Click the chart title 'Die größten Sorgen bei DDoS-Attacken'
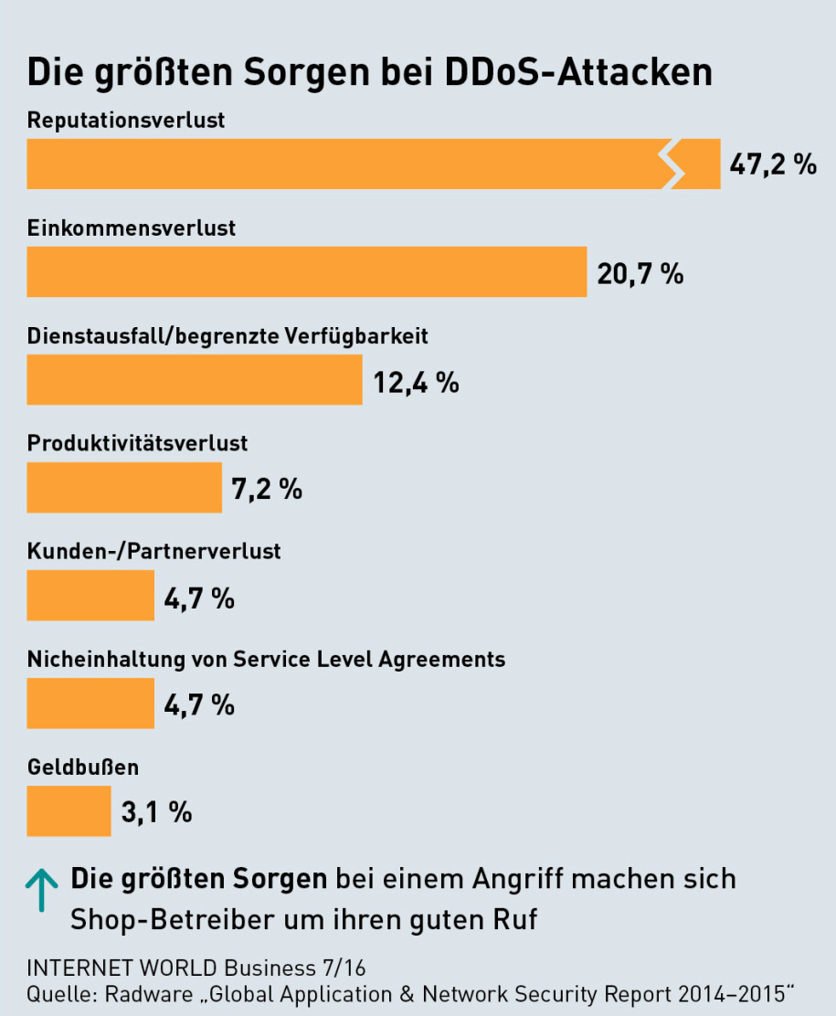(x=369, y=74)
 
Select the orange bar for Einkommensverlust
(x=306, y=271)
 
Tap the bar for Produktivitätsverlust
(x=124, y=487)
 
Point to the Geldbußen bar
(x=69, y=810)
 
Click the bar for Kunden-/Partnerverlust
(x=90, y=595)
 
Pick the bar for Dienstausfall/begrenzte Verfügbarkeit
(x=194, y=379)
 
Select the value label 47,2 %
(x=773, y=164)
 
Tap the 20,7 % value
(x=640, y=273)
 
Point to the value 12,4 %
(x=416, y=381)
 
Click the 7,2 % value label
(x=267, y=489)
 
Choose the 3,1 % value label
(x=156, y=811)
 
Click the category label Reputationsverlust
(x=126, y=120)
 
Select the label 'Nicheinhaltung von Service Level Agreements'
(x=266, y=659)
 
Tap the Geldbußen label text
(x=83, y=767)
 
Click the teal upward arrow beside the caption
(x=41, y=891)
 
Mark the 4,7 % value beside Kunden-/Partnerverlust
(x=199, y=598)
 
